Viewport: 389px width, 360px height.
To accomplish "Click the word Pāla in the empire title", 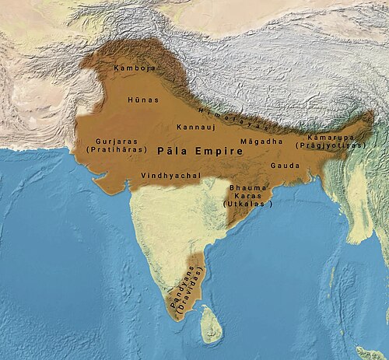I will [x=173, y=150].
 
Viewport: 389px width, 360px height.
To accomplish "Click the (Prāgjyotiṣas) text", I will [x=330, y=145].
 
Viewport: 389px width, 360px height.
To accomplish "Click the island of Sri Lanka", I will [x=211, y=324].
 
